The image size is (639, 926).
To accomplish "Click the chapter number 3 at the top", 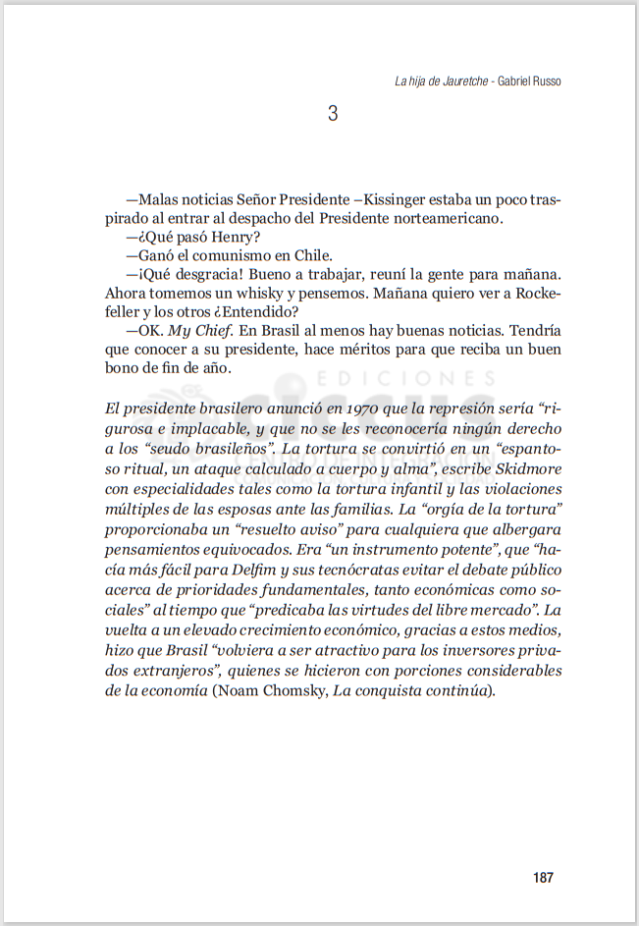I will pos(333,114).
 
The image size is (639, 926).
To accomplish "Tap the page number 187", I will pos(544,877).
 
